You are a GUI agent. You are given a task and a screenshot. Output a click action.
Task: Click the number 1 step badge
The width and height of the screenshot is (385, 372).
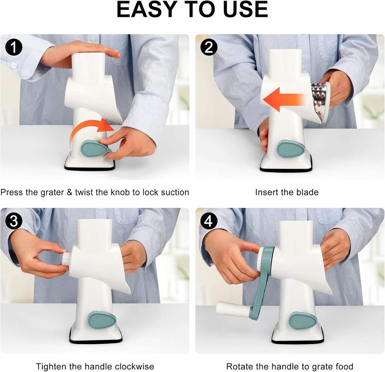(14, 47)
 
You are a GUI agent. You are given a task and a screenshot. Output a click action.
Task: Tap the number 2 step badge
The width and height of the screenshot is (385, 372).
(209, 47)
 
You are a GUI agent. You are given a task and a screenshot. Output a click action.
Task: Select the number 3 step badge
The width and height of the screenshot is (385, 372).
(14, 221)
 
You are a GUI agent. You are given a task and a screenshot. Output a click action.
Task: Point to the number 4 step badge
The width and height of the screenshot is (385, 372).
(209, 221)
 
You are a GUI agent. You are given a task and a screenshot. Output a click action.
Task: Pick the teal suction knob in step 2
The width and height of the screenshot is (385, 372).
(291, 148)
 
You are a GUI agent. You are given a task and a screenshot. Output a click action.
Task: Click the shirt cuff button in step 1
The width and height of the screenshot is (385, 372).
(14, 65)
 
